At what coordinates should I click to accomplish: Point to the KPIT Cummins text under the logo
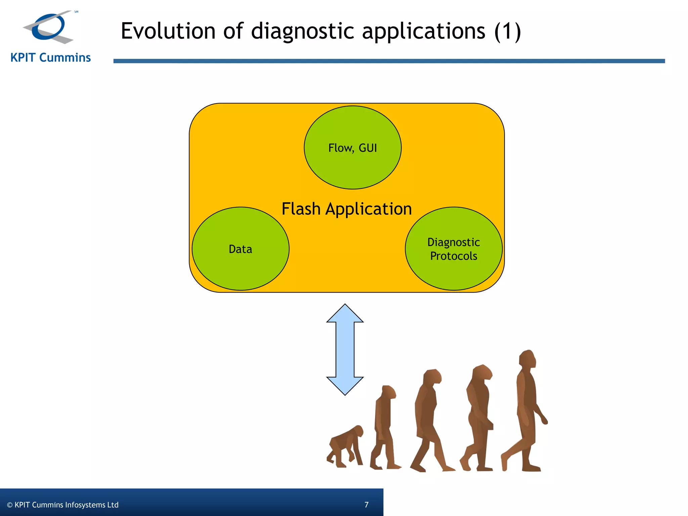click(x=50, y=58)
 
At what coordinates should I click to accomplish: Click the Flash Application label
click(x=346, y=209)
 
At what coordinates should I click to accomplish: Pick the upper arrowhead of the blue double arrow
click(x=345, y=314)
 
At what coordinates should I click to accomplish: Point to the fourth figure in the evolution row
click(x=479, y=417)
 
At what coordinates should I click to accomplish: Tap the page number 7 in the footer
click(x=367, y=505)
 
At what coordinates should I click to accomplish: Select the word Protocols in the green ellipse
click(x=454, y=256)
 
